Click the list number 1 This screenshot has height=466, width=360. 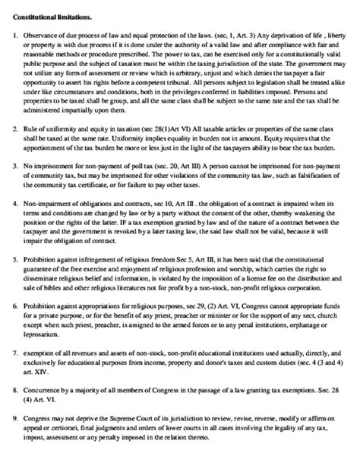point(17,37)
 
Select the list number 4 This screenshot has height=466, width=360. point(17,205)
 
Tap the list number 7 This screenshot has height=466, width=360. point(17,353)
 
